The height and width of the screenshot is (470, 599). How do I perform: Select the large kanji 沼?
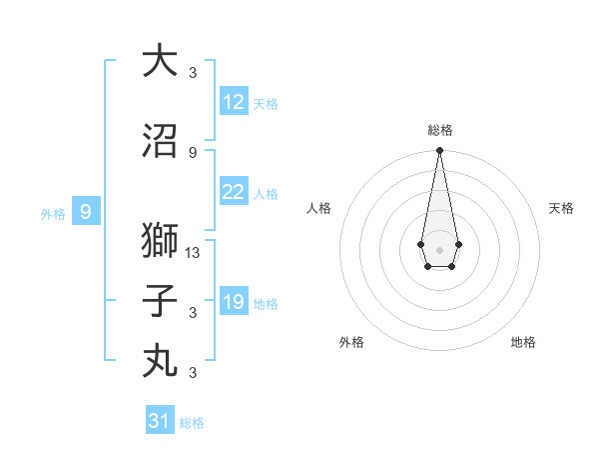pyautogui.click(x=160, y=142)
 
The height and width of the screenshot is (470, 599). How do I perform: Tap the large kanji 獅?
pyautogui.click(x=160, y=241)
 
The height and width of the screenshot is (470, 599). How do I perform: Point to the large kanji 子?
pyautogui.click(x=160, y=301)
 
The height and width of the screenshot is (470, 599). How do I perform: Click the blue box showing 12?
pyautogui.click(x=234, y=102)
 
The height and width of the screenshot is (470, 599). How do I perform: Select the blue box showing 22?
pyautogui.click(x=234, y=192)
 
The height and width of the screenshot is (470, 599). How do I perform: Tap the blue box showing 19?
pyautogui.click(x=234, y=302)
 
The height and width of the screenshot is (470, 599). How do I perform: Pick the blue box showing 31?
pyautogui.click(x=160, y=421)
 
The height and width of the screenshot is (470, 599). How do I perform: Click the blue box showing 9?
pyautogui.click(x=86, y=211)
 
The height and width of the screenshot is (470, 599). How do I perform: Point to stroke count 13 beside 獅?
pyautogui.click(x=194, y=253)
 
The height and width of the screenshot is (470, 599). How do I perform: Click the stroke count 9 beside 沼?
pyautogui.click(x=193, y=152)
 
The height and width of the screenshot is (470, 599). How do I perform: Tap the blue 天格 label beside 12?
pyautogui.click(x=266, y=104)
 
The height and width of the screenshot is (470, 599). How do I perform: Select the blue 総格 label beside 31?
pyautogui.click(x=192, y=423)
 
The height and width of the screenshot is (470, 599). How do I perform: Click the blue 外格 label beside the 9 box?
pyautogui.click(x=53, y=213)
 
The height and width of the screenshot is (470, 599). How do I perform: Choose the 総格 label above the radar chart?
pyautogui.click(x=439, y=130)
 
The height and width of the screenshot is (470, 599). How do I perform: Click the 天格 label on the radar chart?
pyautogui.click(x=561, y=208)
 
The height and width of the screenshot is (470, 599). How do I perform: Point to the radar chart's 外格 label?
pyautogui.click(x=351, y=342)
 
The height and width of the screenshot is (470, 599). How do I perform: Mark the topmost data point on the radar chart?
pyautogui.click(x=439, y=151)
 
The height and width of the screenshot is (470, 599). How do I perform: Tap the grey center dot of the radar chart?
pyautogui.click(x=439, y=248)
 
